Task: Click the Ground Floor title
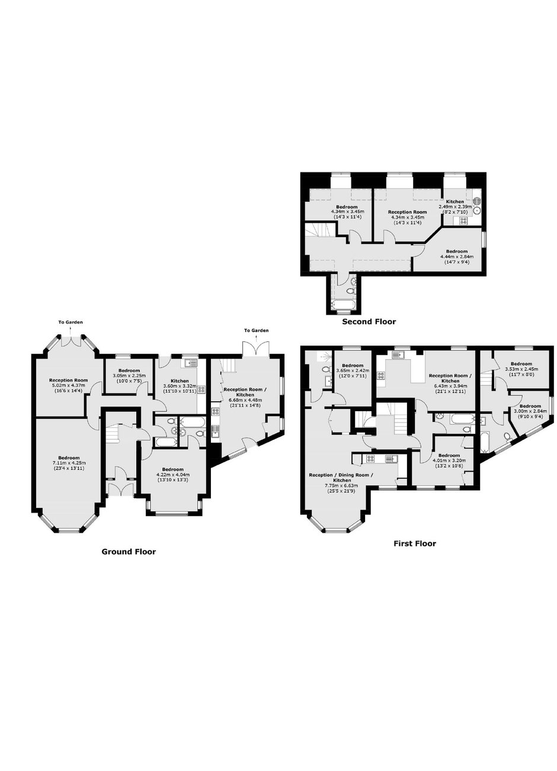pos(129,552)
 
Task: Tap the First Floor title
pos(414,543)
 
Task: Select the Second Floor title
pos(369,322)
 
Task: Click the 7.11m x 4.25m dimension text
pos(69,463)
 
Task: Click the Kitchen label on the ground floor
pos(180,381)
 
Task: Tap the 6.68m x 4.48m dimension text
pos(245,400)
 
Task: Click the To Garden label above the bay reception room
pos(71,322)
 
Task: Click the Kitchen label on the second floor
pos(454,201)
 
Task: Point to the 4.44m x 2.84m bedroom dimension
pos(457,257)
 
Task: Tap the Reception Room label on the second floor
pos(407,212)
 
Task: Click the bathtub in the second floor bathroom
pos(342,305)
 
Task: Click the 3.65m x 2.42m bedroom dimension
pos(353,371)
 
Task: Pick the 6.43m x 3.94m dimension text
pos(450,386)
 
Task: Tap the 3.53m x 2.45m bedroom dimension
pos(521,369)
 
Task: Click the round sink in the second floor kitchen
pos(477,210)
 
